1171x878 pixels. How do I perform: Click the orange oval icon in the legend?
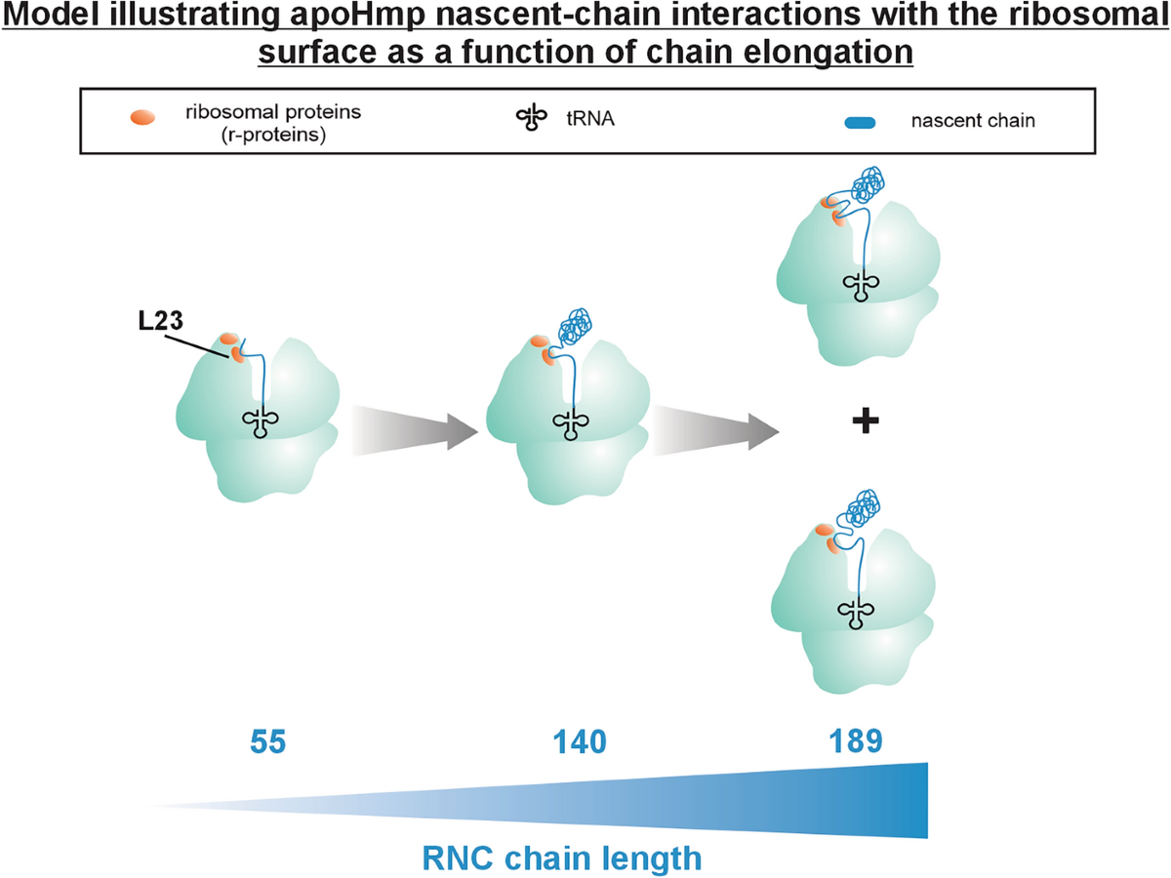click(x=141, y=118)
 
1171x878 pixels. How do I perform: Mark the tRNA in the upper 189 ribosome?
click(x=862, y=284)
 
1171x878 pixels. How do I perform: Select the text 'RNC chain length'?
click(x=562, y=859)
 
